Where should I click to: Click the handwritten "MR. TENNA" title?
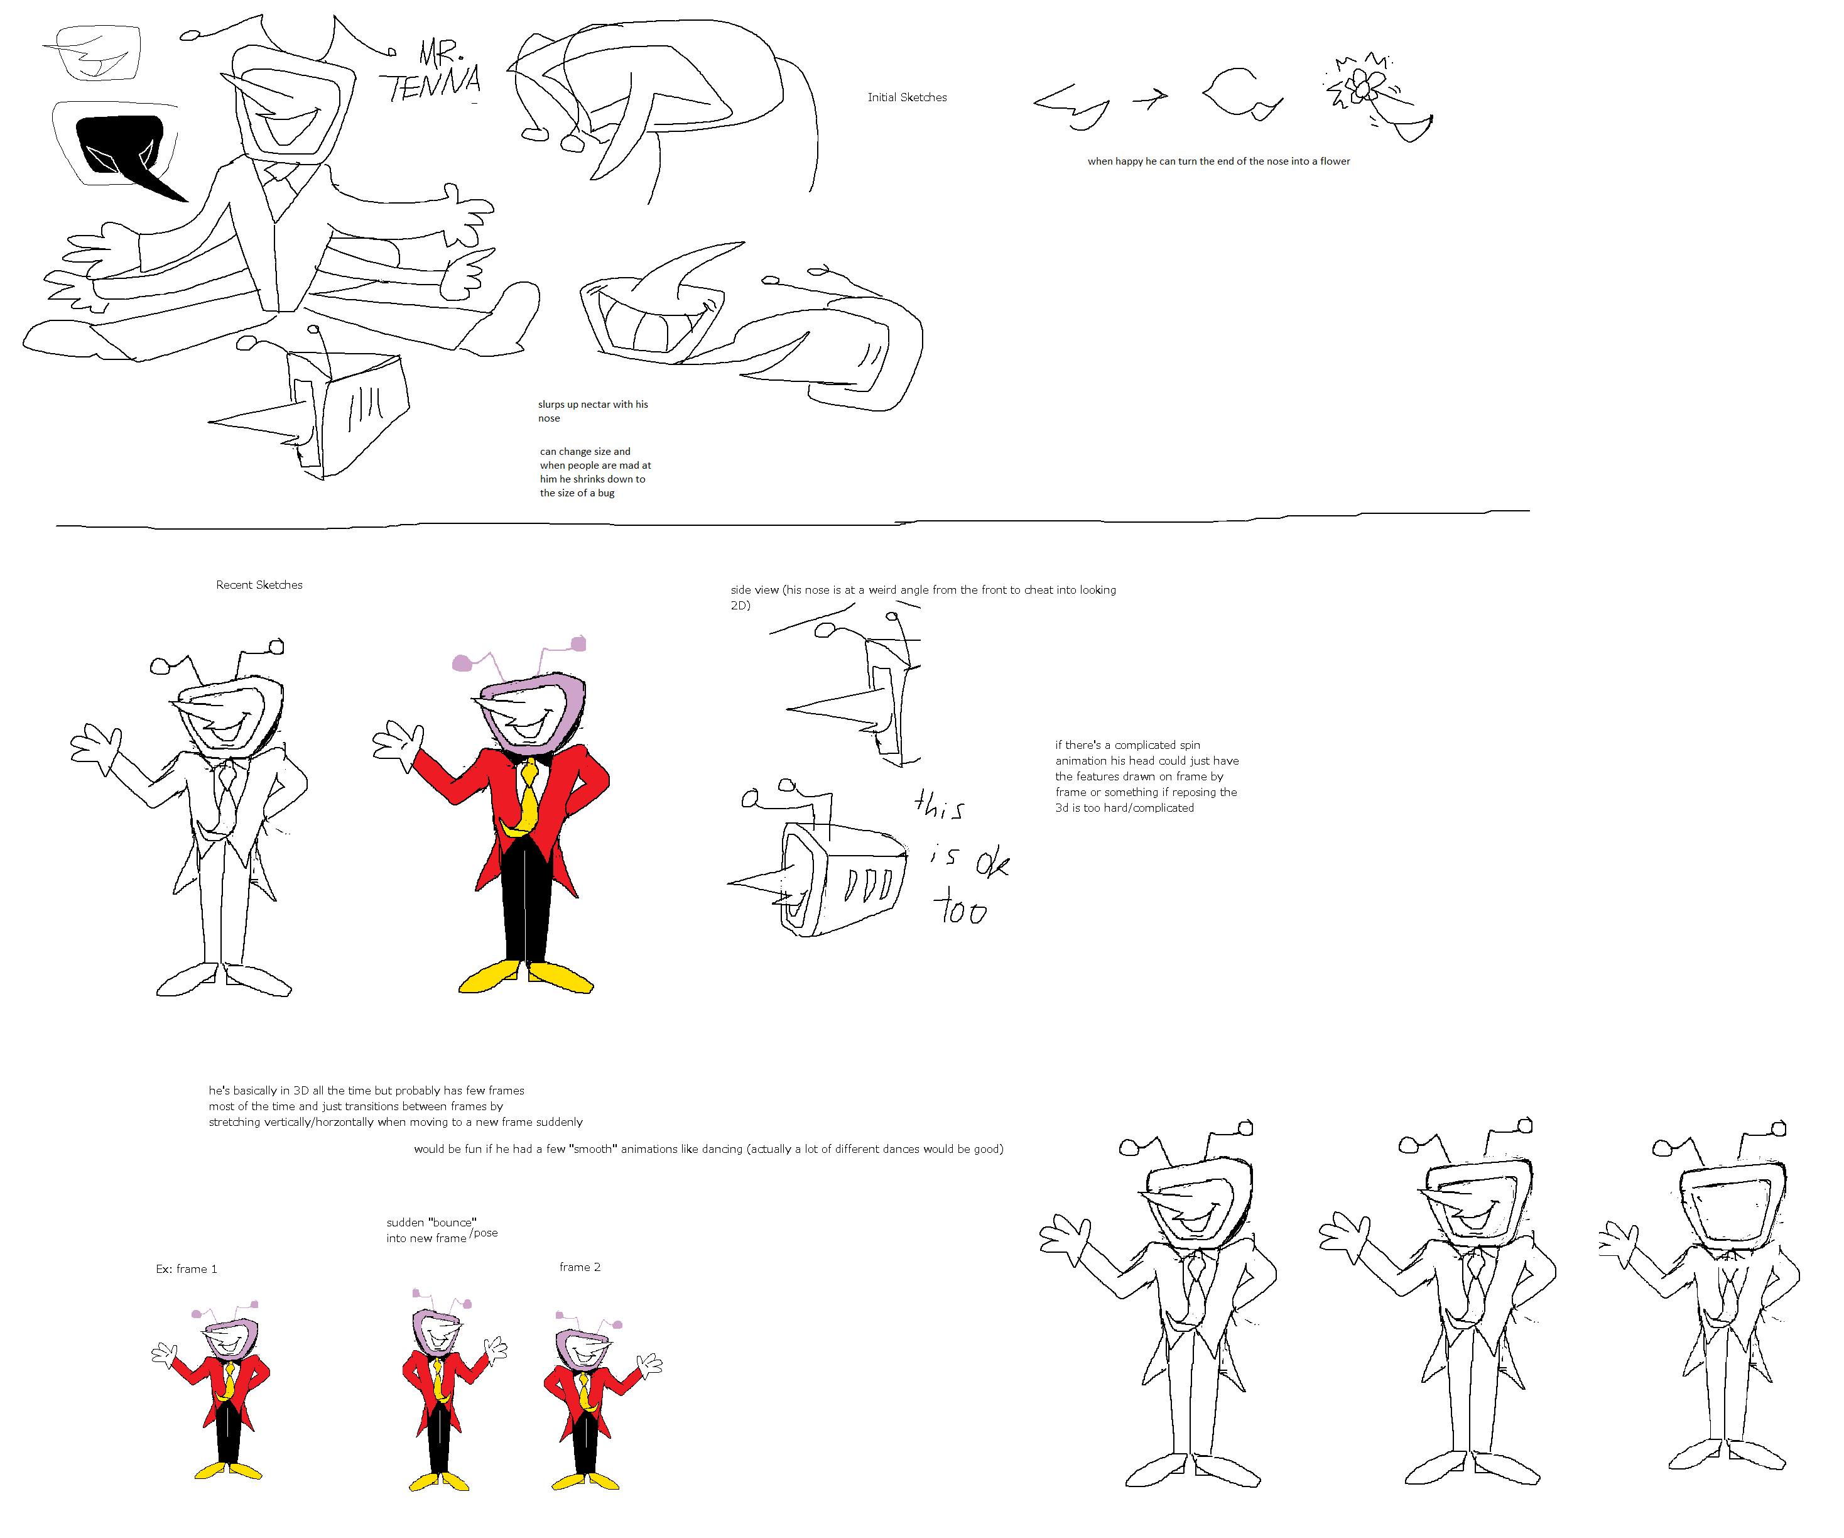(x=432, y=72)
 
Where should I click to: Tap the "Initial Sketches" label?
(x=907, y=97)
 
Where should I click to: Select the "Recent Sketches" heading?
(x=259, y=585)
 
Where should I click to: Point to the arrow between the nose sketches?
(x=1151, y=99)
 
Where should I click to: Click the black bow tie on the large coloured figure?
(x=528, y=755)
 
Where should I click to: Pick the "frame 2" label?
(x=580, y=1267)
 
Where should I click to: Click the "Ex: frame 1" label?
(x=186, y=1269)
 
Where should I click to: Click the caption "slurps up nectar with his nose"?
(x=593, y=411)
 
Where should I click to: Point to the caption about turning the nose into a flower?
(x=1219, y=161)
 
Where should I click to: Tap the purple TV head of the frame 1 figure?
(x=230, y=1339)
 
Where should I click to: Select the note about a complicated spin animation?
(x=1147, y=777)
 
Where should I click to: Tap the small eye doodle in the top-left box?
(x=95, y=55)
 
